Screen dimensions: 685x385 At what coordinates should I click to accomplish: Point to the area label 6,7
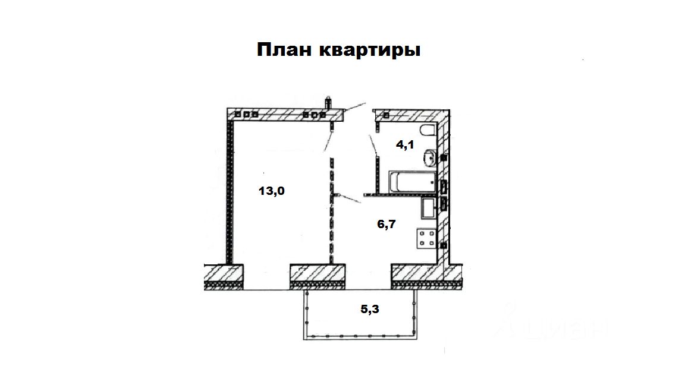tap(387, 224)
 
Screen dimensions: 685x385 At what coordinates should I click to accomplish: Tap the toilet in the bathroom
tap(428, 130)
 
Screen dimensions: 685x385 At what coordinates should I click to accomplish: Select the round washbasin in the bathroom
tap(429, 158)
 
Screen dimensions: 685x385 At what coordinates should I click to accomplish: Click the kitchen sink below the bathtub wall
tap(428, 208)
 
